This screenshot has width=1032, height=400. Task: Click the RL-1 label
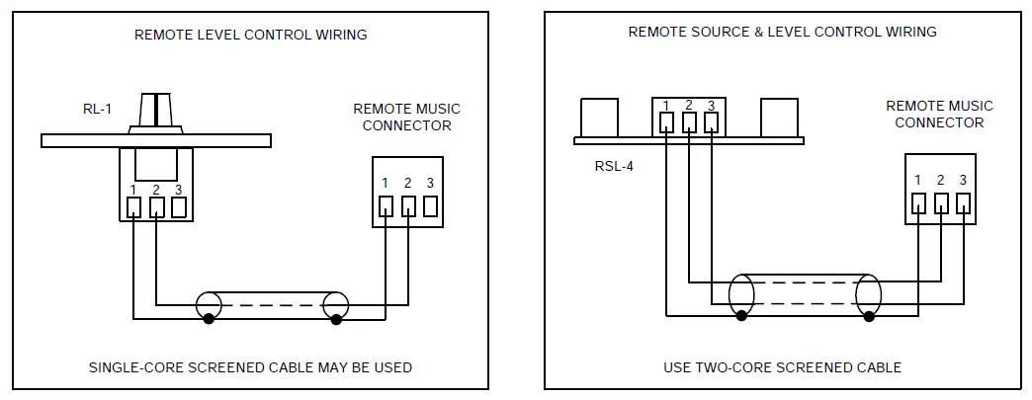point(97,110)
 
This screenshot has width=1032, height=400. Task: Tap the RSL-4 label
point(614,165)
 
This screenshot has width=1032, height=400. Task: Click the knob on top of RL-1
point(157,113)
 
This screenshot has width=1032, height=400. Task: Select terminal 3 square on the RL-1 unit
point(179,207)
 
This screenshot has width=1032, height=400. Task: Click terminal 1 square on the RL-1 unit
point(134,207)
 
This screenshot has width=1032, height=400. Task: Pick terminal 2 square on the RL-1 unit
point(157,207)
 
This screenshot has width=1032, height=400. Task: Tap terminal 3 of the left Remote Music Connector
point(430,205)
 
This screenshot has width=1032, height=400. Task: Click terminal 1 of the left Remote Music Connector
point(386,205)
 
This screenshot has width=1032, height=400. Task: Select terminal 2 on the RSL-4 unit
point(689,122)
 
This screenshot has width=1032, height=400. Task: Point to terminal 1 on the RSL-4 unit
point(667,122)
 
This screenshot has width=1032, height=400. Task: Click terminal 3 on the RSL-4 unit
point(711,122)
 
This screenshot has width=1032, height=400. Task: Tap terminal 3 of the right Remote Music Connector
point(963,203)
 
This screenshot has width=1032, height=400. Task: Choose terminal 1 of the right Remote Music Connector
point(918,203)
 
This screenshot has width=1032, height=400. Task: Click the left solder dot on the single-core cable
point(208,320)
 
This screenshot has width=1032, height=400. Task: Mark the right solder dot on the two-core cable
point(869,316)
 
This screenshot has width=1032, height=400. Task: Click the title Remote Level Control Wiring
point(250,35)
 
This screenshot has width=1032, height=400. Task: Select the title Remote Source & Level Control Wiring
point(782,32)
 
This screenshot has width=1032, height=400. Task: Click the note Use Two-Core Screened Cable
point(782,367)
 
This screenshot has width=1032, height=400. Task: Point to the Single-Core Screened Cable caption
point(250,367)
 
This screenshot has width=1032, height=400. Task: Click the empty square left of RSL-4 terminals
point(599,117)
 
